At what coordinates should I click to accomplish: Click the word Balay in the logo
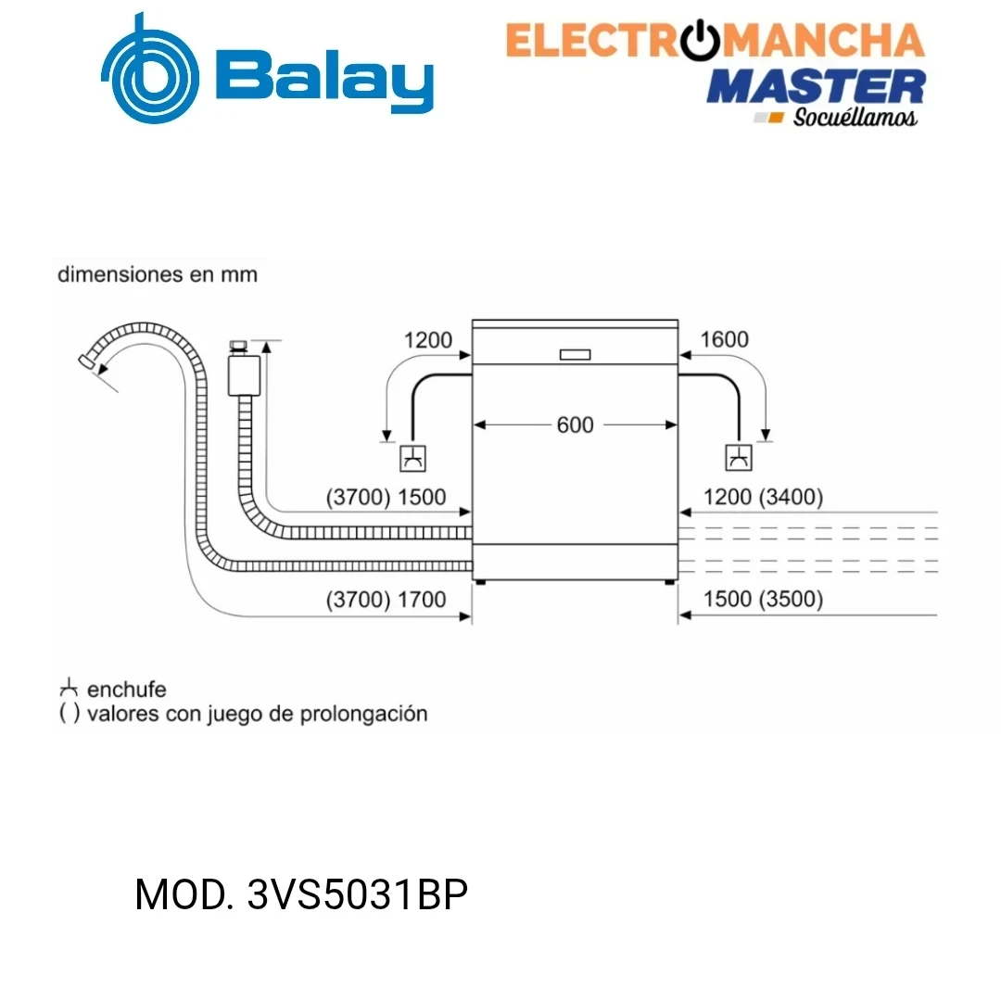pos(325,80)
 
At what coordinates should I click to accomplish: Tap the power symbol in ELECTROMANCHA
pos(701,40)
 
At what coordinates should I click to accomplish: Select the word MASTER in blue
pos(816,87)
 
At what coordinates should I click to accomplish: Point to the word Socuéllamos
pos(855,117)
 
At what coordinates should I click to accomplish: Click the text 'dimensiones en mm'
pos(158,274)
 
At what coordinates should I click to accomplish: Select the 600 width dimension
pos(576,424)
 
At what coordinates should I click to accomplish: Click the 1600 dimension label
pos(724,339)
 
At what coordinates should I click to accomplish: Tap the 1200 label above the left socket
pos(427,339)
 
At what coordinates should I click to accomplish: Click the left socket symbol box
pos(412,459)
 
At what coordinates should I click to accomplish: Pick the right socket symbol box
pos(739,458)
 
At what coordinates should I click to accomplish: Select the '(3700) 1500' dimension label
pos(386,497)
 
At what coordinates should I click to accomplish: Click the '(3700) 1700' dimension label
pos(386,600)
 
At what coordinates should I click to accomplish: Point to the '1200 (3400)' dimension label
pos(763,497)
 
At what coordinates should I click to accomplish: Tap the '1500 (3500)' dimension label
pos(763,599)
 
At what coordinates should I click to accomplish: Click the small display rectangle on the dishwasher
pos(576,354)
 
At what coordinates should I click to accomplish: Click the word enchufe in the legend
pos(126,690)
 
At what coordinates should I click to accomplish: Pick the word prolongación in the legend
pos(364,714)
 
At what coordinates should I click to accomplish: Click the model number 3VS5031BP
pos(358,894)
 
